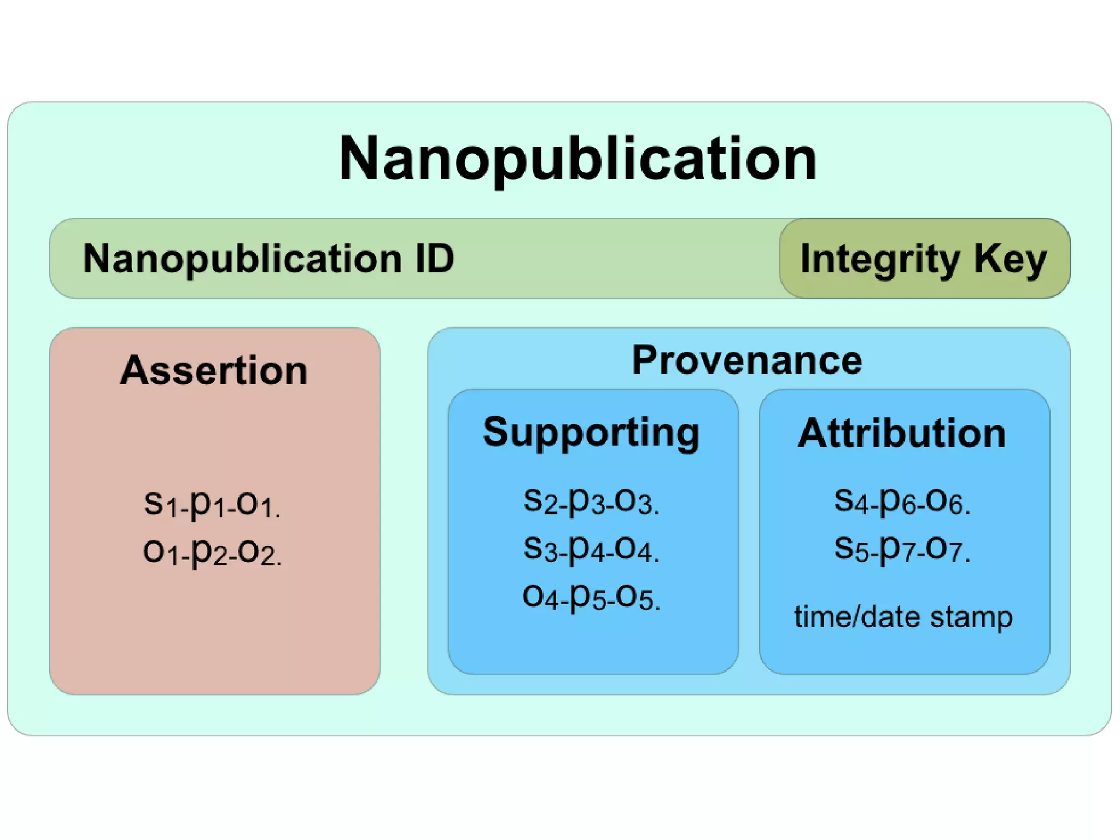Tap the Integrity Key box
(x=924, y=258)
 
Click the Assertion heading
(x=214, y=370)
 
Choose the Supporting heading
(x=591, y=433)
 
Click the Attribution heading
(x=902, y=433)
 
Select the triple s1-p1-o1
(x=212, y=504)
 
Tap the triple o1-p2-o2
(x=212, y=552)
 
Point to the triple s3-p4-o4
(x=591, y=549)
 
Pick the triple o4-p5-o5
(x=591, y=597)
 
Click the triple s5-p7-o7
(x=902, y=549)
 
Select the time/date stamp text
(x=903, y=617)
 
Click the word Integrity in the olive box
(x=880, y=259)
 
